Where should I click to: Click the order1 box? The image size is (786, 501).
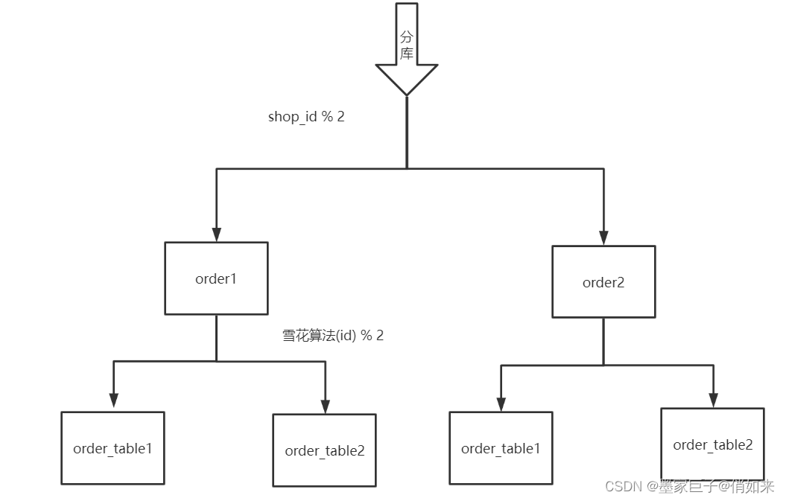216,278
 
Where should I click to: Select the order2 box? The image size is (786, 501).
603,282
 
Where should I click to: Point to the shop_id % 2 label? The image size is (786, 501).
306,117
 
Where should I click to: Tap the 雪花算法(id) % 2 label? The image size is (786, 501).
333,335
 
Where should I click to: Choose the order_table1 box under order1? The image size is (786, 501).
112,448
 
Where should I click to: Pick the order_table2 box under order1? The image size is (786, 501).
324,450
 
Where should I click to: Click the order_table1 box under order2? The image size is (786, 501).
501,448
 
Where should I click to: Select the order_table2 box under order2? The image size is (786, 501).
712,444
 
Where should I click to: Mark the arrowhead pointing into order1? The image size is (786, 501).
216,234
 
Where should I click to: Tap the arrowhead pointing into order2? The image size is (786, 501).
603,237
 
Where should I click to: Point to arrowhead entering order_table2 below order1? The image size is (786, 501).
325,406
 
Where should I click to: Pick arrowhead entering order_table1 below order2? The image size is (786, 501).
501,403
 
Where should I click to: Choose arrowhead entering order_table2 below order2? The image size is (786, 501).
713,399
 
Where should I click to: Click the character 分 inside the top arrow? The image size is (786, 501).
406,36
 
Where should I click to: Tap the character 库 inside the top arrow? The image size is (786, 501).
406,54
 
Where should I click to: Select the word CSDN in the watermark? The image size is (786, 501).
624,486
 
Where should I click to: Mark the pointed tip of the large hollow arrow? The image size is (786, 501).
406,95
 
